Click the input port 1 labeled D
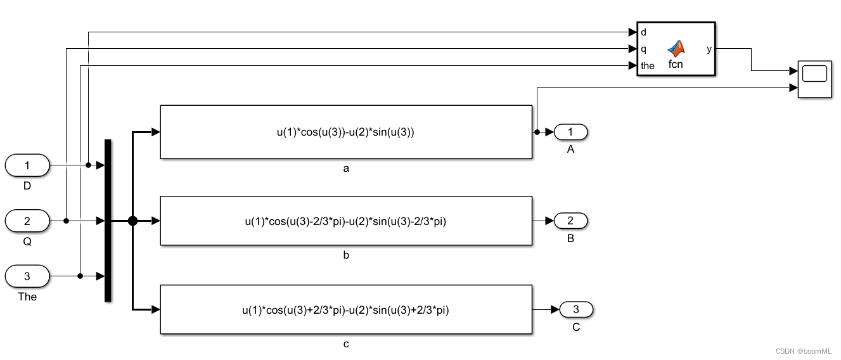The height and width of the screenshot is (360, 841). point(27,165)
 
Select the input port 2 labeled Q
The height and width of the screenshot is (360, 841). point(27,221)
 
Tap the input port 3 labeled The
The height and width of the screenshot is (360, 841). point(27,276)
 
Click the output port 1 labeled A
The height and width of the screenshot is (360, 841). point(570,132)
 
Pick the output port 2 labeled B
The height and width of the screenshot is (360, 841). point(570,221)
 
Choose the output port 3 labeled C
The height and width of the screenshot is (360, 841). point(575,309)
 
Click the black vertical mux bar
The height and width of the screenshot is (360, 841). point(108,221)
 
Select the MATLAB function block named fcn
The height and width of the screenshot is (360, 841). point(676,49)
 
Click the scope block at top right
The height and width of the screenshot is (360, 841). point(814,80)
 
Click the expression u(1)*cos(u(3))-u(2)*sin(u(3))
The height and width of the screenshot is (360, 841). point(345,132)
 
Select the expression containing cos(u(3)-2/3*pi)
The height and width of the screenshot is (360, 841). point(345,221)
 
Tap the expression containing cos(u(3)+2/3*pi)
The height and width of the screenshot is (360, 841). point(345,310)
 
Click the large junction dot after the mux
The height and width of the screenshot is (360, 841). point(132,221)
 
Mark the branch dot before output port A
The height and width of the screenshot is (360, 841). point(537,132)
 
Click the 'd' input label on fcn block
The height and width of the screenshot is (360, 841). point(644,32)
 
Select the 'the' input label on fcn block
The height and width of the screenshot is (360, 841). point(648,65)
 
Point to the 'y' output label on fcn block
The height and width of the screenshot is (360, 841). point(709,49)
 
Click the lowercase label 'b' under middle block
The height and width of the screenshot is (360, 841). point(346,255)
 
